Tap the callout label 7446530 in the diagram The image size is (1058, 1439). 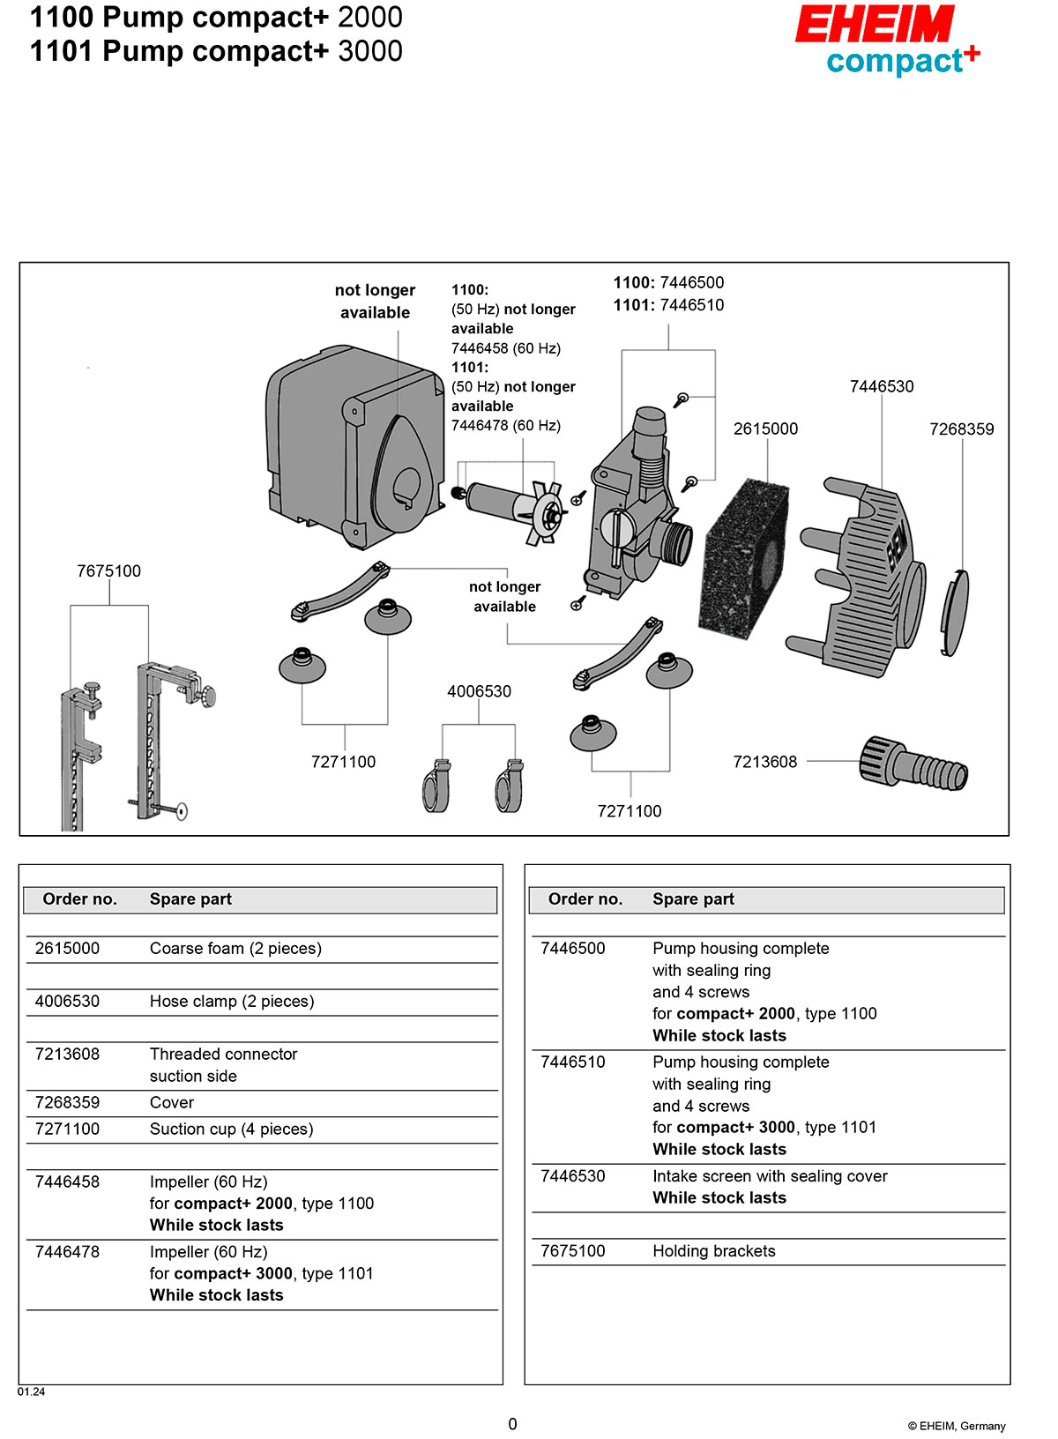coord(881,386)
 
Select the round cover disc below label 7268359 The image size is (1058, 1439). coord(954,613)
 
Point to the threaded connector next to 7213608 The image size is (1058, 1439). coord(913,764)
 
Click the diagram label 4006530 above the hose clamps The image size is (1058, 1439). coord(479,691)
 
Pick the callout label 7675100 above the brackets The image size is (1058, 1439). coord(108,570)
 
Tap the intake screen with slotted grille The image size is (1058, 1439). coord(864,578)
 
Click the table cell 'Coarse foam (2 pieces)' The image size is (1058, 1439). coord(235,949)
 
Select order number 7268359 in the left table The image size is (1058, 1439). coord(67,1102)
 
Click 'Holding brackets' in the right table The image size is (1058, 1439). coord(713,1251)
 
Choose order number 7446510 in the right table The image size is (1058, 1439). coord(572,1062)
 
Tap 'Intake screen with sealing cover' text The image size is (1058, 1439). coord(770,1176)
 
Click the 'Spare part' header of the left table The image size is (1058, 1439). coord(190,899)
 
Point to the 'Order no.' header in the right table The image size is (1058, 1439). coord(585,899)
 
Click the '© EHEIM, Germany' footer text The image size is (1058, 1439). coord(956,1426)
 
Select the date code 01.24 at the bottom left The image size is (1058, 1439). coord(31,1391)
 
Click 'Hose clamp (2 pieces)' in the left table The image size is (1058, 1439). coord(232,1002)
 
